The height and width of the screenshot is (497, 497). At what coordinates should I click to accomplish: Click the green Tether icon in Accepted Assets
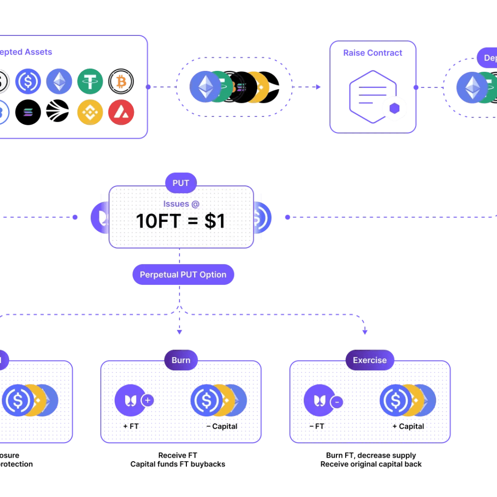pos(90,81)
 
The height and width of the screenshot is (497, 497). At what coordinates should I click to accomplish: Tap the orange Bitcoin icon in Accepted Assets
pos(121,81)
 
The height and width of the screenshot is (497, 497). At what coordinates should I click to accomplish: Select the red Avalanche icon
pos(121,112)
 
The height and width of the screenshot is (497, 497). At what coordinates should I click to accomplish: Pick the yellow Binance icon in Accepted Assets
pos(90,112)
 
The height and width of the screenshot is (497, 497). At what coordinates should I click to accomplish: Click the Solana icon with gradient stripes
pos(28,112)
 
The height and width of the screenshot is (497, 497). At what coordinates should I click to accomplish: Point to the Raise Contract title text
pos(373,53)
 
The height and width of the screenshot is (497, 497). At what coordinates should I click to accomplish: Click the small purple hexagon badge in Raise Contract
pos(395,109)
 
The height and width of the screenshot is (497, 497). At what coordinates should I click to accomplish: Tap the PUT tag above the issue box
pos(181,183)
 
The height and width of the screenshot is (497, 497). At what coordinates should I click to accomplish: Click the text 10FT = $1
pos(181,221)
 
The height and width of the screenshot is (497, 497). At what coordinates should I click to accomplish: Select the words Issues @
pos(181,204)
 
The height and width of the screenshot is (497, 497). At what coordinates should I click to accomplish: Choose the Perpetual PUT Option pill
pos(183,275)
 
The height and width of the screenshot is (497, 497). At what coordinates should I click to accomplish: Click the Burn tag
pos(181,361)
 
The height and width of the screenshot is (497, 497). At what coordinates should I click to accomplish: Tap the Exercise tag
pos(370,361)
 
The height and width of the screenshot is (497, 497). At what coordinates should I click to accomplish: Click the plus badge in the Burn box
pos(148,401)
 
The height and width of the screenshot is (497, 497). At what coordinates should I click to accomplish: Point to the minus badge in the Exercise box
pos(337,402)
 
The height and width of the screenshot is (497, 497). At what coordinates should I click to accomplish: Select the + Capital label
pos(408,427)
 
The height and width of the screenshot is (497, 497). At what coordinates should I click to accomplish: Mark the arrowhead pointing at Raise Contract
pos(318,87)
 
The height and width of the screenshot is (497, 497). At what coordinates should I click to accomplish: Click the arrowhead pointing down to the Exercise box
pos(365,332)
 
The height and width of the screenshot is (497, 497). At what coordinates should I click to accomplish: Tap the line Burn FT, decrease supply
pos(371,456)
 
